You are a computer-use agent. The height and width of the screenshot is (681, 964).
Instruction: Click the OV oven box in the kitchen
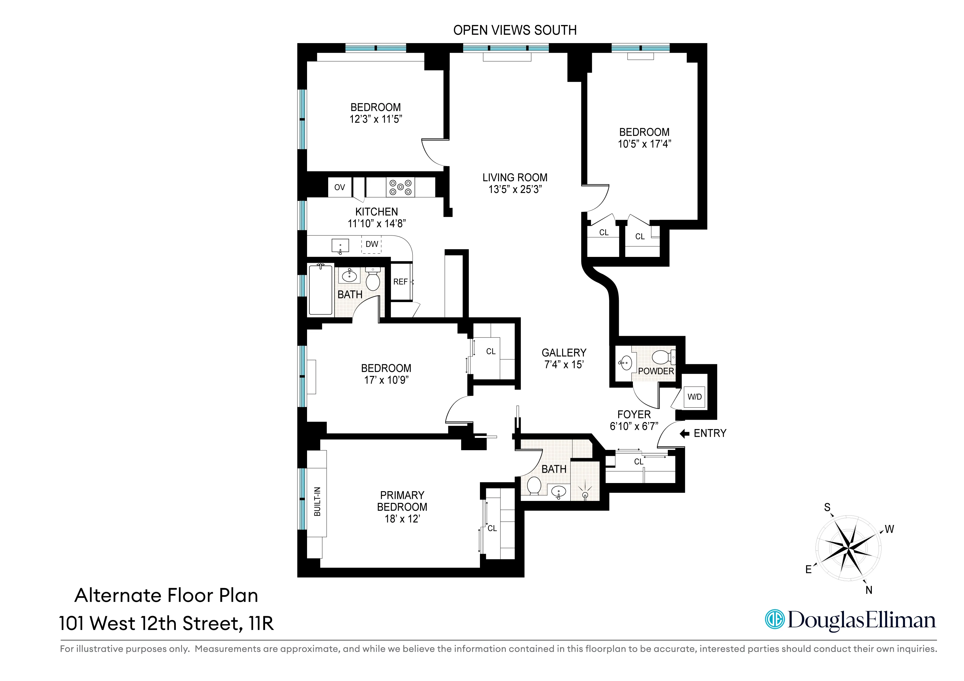[x=339, y=187]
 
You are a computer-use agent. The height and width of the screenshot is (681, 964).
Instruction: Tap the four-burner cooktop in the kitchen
[x=400, y=187]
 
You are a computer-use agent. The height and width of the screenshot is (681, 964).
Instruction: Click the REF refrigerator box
[x=401, y=282]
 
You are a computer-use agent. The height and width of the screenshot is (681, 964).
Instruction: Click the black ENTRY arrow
[x=684, y=433]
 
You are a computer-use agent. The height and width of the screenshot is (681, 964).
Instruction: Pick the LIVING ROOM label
[x=515, y=177]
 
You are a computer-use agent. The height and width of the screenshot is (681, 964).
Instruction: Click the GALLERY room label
[x=563, y=353]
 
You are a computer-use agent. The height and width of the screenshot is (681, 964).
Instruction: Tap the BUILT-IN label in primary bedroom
[x=317, y=502]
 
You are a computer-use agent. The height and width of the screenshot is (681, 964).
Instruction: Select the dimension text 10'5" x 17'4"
[x=644, y=144]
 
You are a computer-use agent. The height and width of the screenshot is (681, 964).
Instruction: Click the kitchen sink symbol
[x=340, y=245]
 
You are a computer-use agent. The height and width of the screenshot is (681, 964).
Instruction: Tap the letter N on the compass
[x=869, y=590]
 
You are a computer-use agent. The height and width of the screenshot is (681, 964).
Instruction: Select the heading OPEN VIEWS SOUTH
[x=515, y=30]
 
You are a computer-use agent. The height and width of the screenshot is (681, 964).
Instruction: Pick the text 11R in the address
[x=261, y=624]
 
